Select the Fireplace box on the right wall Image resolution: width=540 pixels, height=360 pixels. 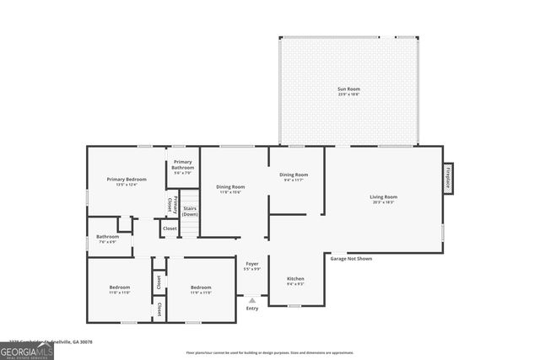point(447,178)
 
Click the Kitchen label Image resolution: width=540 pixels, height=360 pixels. point(295,281)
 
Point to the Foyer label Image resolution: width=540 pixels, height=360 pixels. point(252,266)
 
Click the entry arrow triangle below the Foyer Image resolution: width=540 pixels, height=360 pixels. point(252,299)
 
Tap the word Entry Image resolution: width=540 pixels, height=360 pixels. point(252,309)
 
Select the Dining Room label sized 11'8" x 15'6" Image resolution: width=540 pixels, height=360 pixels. point(230,189)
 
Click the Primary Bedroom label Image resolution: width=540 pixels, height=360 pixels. point(127,181)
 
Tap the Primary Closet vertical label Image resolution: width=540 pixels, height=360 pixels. point(171,204)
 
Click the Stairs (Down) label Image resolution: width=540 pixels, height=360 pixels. point(191,212)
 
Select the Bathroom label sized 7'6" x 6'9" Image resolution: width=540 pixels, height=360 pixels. point(107,239)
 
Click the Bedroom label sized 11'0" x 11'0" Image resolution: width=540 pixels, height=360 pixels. point(119,290)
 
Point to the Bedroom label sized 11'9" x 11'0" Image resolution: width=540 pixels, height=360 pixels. point(201,290)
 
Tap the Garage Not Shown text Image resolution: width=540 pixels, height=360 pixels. point(351,259)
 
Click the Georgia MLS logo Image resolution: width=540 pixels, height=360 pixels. point(27,348)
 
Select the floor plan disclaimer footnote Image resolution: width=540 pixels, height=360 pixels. point(268,352)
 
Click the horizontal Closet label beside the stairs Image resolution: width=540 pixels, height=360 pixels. point(170,228)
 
